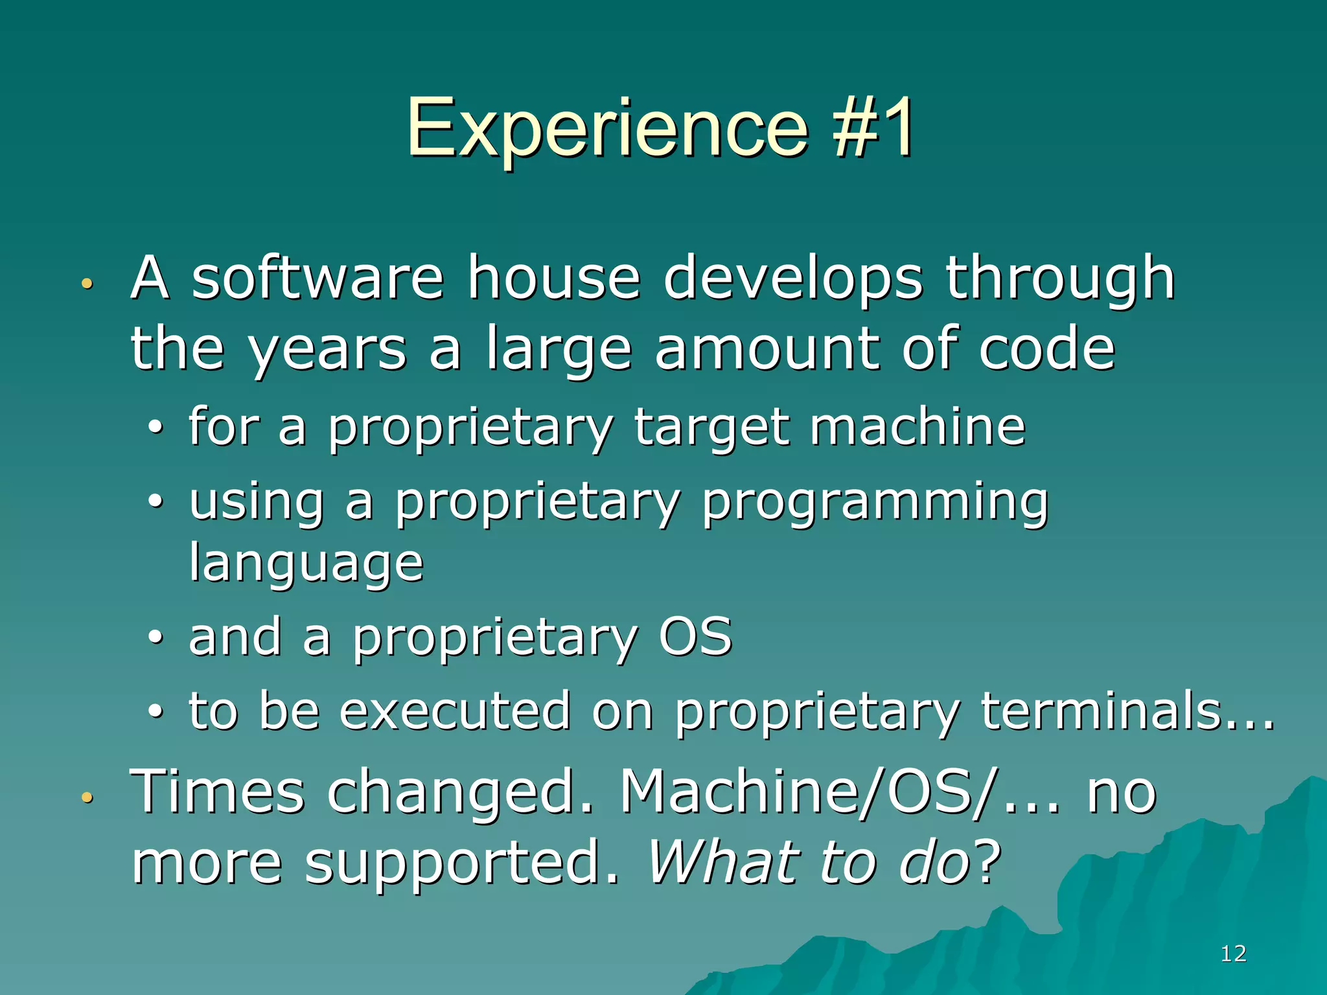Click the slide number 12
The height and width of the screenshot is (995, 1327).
click(1233, 954)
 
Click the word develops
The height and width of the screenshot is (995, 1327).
click(792, 279)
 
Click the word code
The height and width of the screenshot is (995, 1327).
click(1046, 350)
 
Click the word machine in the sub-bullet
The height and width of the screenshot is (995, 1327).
click(917, 428)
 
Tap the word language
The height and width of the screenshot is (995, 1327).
click(306, 564)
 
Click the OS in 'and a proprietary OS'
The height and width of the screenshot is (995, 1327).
click(695, 637)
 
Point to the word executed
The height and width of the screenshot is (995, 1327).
click(455, 711)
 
